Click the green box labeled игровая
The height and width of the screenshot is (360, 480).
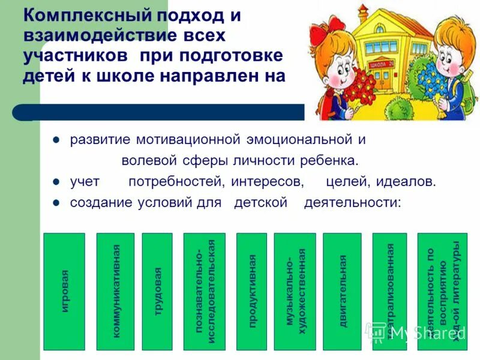(x=64, y=292)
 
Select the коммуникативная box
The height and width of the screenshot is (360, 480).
(x=116, y=292)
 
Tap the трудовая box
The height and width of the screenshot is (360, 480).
(x=157, y=292)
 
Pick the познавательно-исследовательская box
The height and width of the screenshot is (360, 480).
(x=205, y=292)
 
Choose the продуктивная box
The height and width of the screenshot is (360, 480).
(x=251, y=292)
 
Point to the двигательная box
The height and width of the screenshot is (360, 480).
(x=342, y=292)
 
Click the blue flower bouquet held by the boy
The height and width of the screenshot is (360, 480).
(x=433, y=84)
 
